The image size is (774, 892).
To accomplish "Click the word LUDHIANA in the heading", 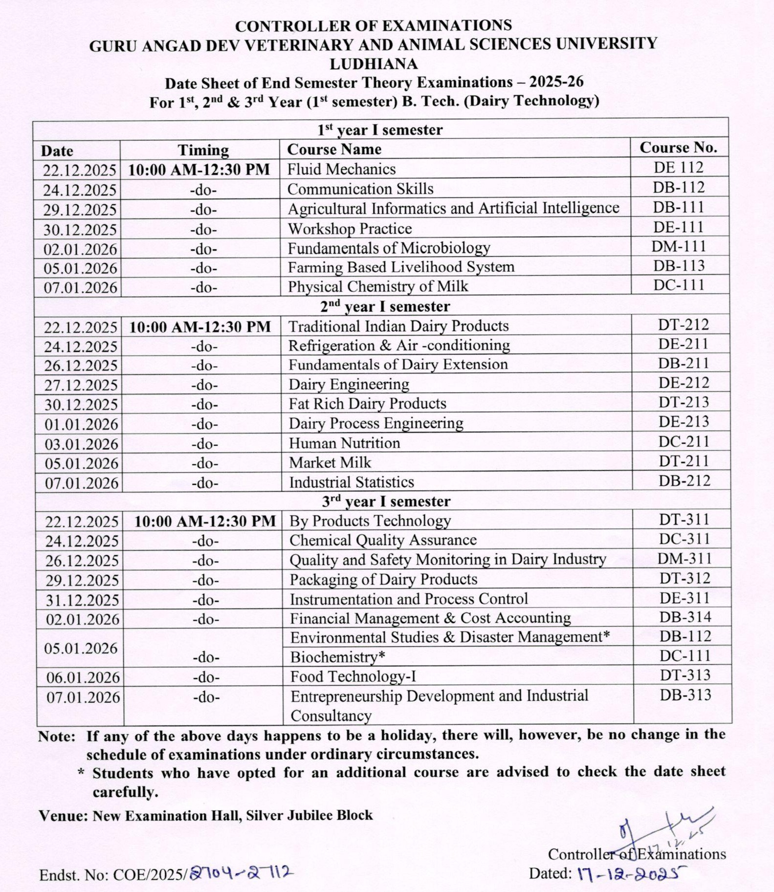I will [374, 64].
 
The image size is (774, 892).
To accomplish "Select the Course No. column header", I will [679, 148].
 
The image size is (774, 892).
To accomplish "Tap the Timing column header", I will [203, 150].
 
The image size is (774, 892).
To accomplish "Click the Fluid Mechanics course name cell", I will [341, 169].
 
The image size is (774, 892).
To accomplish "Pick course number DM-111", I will [679, 246].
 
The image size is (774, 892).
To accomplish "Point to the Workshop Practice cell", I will [350, 229].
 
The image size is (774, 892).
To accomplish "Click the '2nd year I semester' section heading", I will [385, 306].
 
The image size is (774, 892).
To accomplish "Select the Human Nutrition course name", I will [344, 443].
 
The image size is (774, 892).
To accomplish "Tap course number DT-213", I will [683, 402].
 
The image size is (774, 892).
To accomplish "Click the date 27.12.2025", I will [81, 385].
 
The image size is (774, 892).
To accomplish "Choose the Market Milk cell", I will [330, 462].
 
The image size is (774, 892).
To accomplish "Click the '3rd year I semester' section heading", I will [386, 501].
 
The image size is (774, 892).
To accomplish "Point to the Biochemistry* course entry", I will [337, 657].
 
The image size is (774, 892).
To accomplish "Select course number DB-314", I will [685, 617].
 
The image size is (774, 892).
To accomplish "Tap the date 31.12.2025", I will [82, 600].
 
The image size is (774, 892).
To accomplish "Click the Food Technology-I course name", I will [353, 676].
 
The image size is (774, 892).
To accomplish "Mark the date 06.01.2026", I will [83, 677].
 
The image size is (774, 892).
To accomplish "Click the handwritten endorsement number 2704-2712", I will [242, 872].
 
